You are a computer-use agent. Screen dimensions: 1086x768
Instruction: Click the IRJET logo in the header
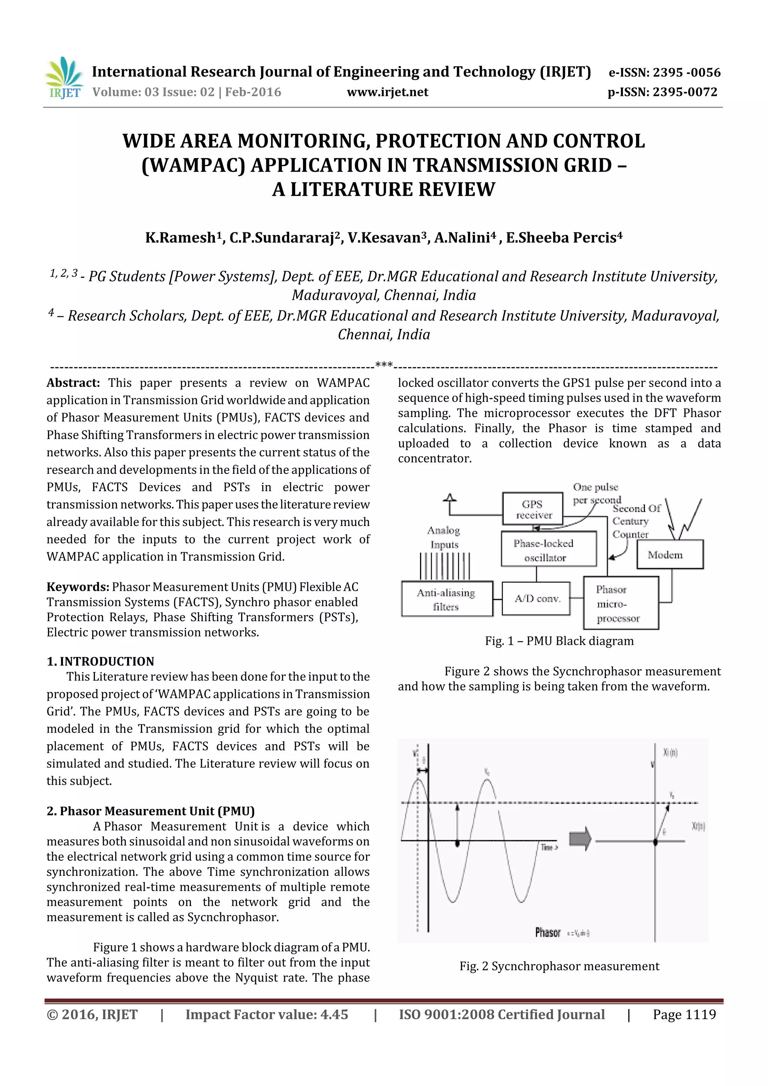pos(64,78)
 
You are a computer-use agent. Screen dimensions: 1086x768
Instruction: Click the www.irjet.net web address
pos(387,92)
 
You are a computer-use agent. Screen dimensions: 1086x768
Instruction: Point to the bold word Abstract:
pos(73,383)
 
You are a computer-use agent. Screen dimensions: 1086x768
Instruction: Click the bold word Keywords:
pos(78,587)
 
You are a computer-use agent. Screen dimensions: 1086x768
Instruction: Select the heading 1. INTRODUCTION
pos(100,661)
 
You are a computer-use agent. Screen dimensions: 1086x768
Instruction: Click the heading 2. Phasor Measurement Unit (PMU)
pos(150,811)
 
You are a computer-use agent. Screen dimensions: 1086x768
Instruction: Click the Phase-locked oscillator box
pos(548,550)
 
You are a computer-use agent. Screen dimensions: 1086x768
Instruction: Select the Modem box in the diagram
pos(670,554)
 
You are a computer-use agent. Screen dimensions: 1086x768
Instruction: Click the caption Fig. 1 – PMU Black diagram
pos(559,641)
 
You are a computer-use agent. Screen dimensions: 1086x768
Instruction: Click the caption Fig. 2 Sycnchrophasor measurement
pos(559,966)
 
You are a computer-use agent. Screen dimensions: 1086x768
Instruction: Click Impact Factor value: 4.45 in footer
pos(266,1014)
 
